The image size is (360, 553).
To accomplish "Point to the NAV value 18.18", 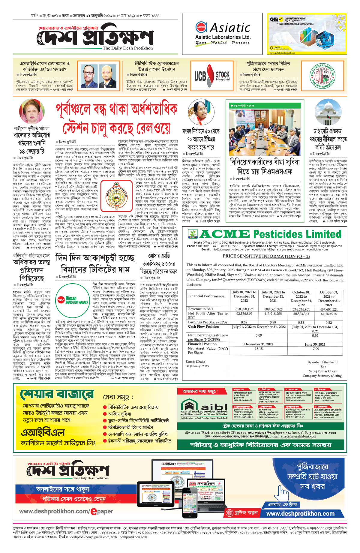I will [259, 349].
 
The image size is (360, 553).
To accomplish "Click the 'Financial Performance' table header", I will [206, 296].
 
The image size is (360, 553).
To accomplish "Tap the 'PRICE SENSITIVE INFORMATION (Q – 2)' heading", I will [266, 256].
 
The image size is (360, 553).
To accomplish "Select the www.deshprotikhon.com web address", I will [300, 513].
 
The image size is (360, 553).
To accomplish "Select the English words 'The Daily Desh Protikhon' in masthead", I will [127, 48].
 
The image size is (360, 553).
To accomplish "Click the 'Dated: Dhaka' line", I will [195, 362].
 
